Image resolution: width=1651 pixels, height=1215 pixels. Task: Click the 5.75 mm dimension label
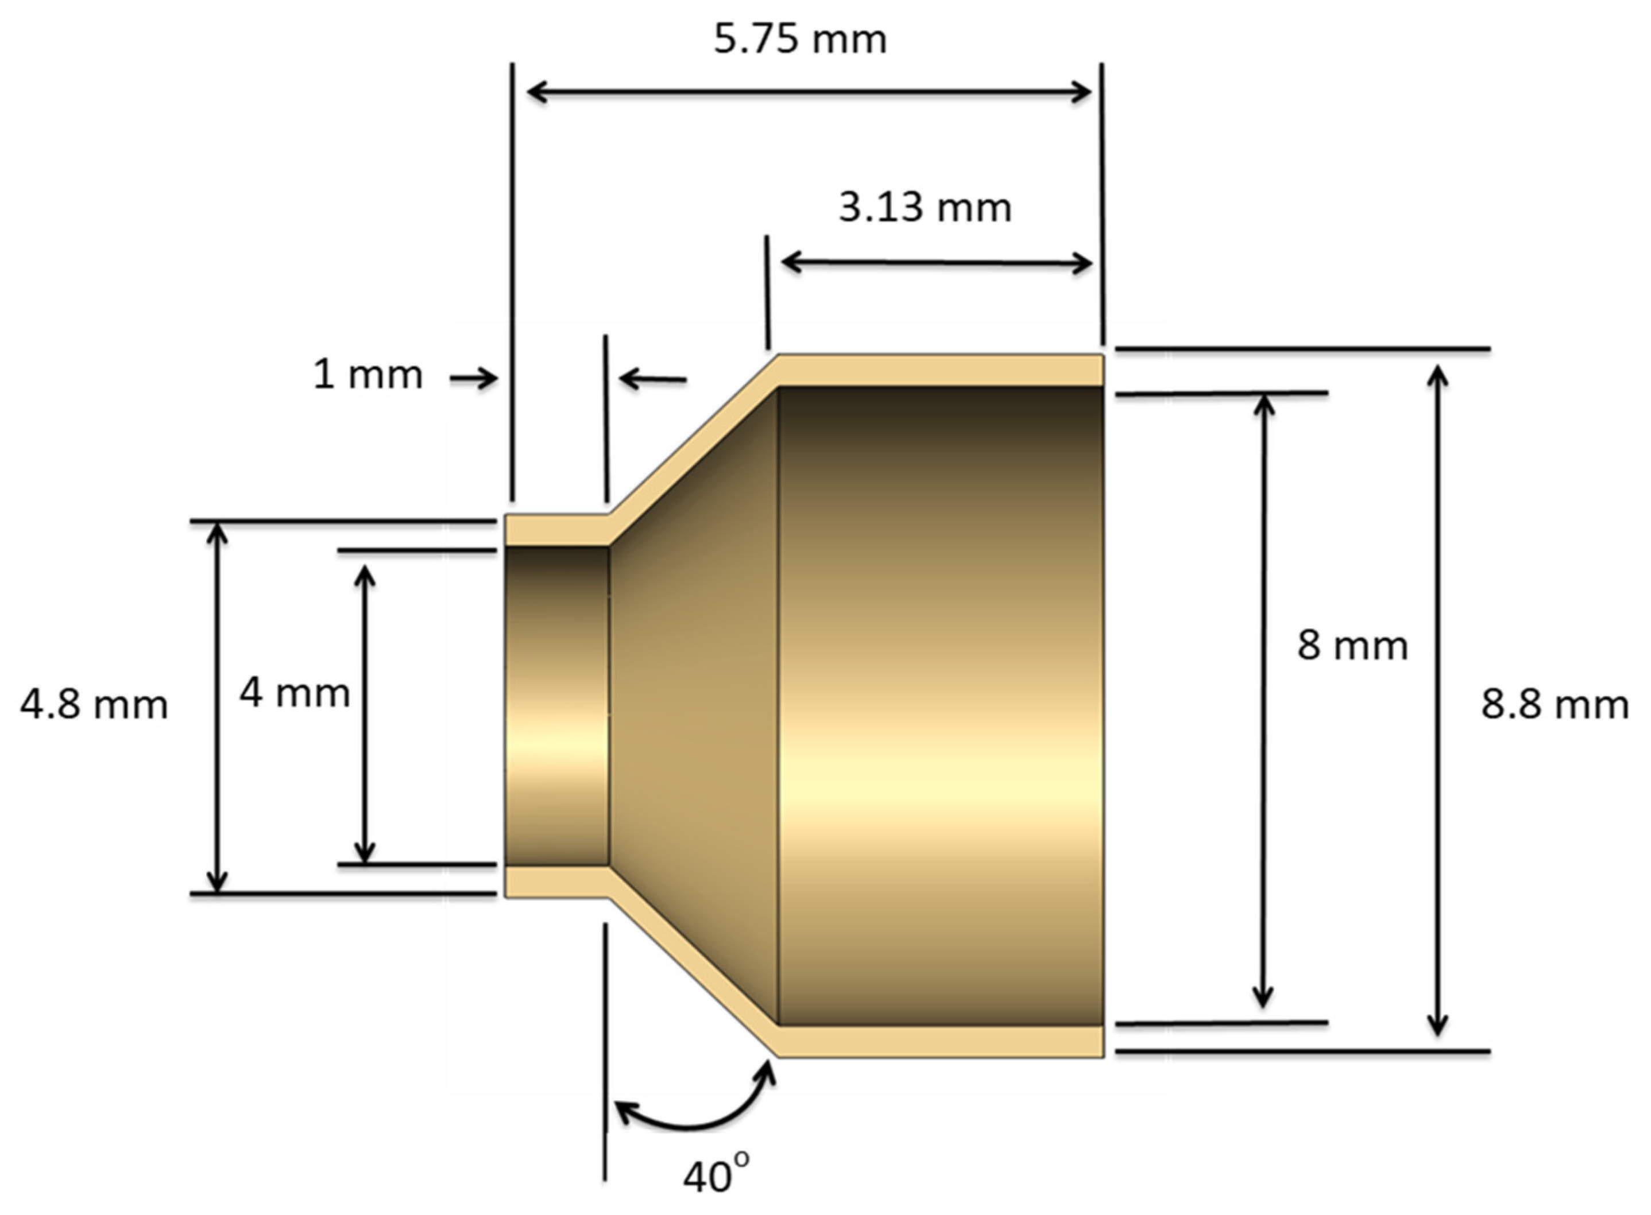click(800, 39)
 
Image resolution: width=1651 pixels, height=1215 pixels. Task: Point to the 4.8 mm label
click(94, 705)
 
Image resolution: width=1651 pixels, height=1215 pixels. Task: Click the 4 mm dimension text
click(293, 693)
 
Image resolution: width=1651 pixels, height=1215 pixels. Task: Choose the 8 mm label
click(1352, 645)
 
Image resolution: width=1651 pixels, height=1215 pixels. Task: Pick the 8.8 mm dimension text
click(1554, 705)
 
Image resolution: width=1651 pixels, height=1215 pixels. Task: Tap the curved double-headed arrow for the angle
click(691, 1121)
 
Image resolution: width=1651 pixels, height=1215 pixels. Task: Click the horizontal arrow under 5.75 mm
click(809, 92)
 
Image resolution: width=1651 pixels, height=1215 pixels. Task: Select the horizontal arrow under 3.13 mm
click(936, 262)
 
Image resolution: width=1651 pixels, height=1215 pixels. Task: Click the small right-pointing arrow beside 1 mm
click(474, 379)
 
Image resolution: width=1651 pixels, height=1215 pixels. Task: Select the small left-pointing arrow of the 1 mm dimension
click(652, 379)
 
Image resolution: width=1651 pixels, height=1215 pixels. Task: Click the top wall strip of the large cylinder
click(942, 370)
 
